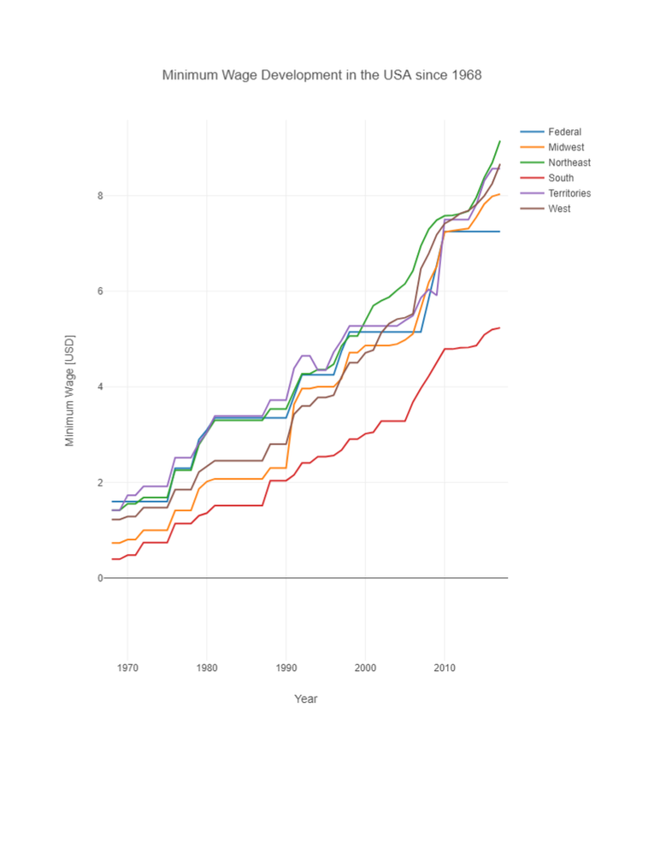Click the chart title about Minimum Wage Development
[x=321, y=75]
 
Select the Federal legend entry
[x=564, y=132]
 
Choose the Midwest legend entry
[x=566, y=147]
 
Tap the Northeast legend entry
[x=569, y=162]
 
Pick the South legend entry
[x=561, y=178]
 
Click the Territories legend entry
[x=569, y=193]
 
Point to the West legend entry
[x=559, y=209]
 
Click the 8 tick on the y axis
[x=100, y=196]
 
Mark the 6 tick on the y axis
[x=100, y=292]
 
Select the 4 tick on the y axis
[x=100, y=387]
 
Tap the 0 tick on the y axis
[x=100, y=579]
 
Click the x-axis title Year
[x=305, y=699]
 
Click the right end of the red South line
[x=500, y=327]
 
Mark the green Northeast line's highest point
[x=500, y=140]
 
